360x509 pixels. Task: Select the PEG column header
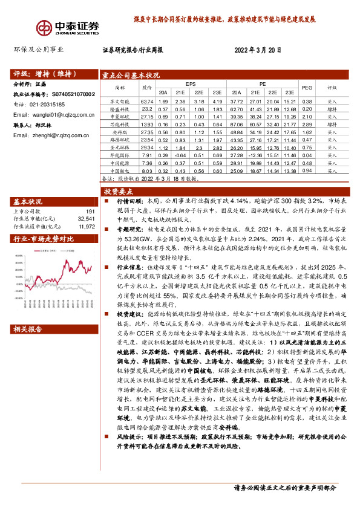click(307, 87)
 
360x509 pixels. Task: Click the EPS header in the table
click(190, 83)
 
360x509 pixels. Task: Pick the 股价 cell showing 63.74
click(146, 101)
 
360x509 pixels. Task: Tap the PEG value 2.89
click(307, 124)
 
